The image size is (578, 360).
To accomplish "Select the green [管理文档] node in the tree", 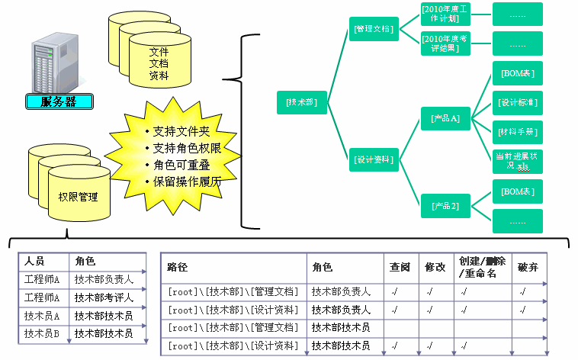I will tap(374, 29).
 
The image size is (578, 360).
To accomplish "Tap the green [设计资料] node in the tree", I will tap(374, 160).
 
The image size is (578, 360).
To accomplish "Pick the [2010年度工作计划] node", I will tap(445, 13).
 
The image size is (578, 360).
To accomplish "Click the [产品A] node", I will tap(445, 119).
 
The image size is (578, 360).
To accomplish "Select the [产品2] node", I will tap(445, 206).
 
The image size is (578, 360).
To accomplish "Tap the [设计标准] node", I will tap(517, 102).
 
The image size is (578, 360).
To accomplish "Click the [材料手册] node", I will tap(517, 131).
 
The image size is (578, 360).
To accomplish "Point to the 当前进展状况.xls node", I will tap(517, 161).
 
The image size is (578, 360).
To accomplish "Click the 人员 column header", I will tap(34, 261).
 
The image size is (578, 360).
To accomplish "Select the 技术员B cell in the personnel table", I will tap(42, 333).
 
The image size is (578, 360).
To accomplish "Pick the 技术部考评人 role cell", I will tap(104, 297).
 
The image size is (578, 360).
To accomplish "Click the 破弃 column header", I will tap(528, 268).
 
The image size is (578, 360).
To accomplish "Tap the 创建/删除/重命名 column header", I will tap(480, 267).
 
